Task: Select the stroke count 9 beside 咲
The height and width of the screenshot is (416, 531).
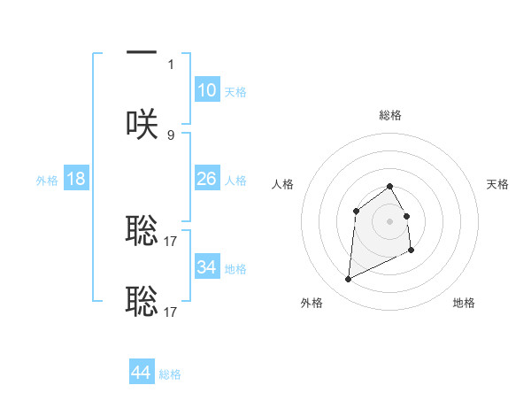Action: [x=171, y=135]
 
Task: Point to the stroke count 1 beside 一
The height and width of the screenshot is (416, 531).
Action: [x=171, y=64]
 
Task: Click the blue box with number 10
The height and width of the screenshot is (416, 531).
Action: [x=206, y=90]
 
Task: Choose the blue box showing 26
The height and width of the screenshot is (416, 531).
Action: [x=206, y=179]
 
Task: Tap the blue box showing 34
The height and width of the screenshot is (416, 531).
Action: [x=206, y=266]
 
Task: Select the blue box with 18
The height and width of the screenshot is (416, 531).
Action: [x=76, y=179]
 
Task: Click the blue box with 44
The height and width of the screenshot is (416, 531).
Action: [x=142, y=373]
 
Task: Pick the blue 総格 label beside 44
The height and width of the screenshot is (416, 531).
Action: [x=170, y=374]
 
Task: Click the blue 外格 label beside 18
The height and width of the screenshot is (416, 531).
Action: [x=47, y=181]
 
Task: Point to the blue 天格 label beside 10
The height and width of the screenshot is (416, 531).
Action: [x=235, y=92]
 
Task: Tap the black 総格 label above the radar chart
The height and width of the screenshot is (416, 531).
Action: [x=389, y=115]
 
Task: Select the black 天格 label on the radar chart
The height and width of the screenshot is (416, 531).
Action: [x=497, y=184]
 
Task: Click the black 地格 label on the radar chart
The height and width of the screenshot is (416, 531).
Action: [x=464, y=303]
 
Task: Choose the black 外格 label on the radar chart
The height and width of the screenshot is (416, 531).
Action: [x=312, y=303]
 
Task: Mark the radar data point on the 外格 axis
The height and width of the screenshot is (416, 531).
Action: [x=348, y=280]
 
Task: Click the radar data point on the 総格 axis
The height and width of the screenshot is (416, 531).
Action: [x=389, y=186]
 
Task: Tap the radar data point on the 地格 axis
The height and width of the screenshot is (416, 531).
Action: [x=412, y=251]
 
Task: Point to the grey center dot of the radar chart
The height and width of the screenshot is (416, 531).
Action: [x=389, y=220]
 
